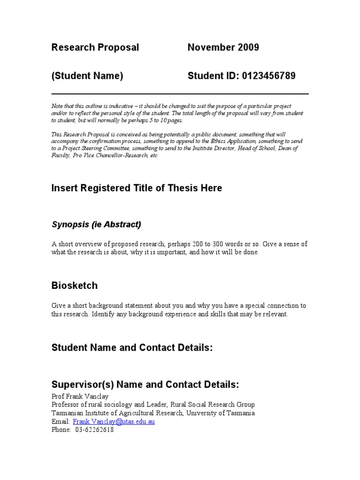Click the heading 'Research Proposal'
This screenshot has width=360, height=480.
[x=95, y=47]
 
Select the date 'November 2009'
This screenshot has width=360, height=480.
[x=223, y=47]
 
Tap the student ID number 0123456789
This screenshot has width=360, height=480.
[x=269, y=76]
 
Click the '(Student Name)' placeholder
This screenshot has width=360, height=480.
[x=87, y=76]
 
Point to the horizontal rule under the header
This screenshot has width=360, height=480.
[x=180, y=94]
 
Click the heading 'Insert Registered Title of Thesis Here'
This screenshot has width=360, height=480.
[x=136, y=188]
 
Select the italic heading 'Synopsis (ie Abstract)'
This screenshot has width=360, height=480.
[x=96, y=225]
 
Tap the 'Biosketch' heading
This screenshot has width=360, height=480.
[x=75, y=285]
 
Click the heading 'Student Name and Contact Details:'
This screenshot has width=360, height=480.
[x=132, y=347]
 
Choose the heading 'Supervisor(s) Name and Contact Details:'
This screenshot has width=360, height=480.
[x=145, y=385]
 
